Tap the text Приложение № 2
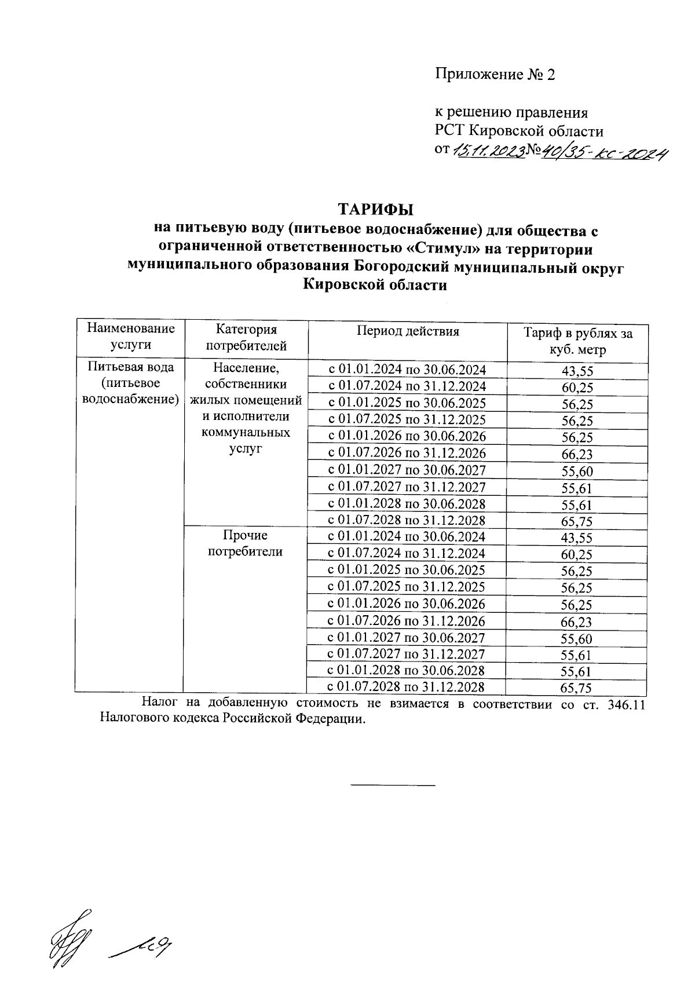coord(495,75)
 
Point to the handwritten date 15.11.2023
coord(488,151)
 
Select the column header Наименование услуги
coord(131,337)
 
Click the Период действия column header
coord(408,331)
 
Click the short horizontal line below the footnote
coord(393,785)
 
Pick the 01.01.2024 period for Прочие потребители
coord(407,536)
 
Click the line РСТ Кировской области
coord(519,131)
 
